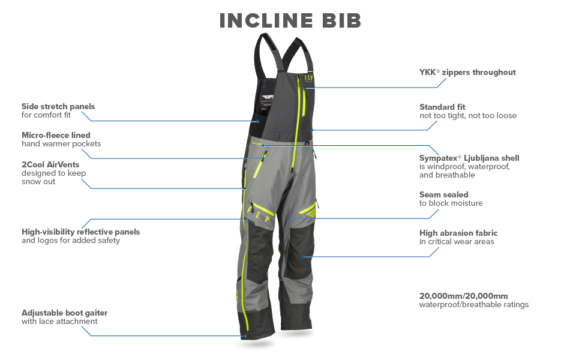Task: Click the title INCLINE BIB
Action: tap(290, 20)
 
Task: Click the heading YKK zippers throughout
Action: tap(467, 73)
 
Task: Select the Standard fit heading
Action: tap(442, 107)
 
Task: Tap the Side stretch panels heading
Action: tap(58, 106)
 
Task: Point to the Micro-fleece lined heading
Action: tap(56, 135)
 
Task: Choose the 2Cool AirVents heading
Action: tap(50, 164)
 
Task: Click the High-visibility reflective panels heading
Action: tap(80, 232)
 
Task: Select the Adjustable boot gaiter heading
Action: tap(65, 313)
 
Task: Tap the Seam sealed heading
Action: tap(443, 194)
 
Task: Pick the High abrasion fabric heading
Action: tap(458, 233)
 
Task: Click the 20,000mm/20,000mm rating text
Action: tap(464, 295)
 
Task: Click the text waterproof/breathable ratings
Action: tap(474, 304)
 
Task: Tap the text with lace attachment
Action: tap(59, 322)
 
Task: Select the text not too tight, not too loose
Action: tap(468, 116)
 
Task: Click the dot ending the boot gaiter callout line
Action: tap(245, 336)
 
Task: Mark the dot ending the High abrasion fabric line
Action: tap(303, 257)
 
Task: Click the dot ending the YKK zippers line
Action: tap(305, 88)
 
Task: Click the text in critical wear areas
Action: tap(457, 242)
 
